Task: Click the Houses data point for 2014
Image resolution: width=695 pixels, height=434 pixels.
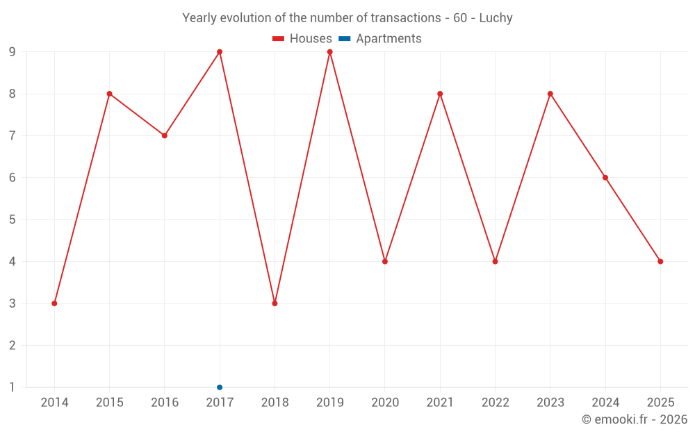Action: [x=54, y=303]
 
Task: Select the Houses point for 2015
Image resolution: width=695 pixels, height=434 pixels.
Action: [x=109, y=94]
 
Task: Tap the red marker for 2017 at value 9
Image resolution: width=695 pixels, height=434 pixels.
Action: [x=220, y=52]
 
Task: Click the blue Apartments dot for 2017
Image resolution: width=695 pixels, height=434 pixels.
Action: [x=220, y=387]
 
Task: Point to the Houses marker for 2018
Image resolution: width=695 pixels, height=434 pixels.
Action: [x=275, y=303]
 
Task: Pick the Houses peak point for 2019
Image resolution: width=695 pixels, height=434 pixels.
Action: [x=329, y=52]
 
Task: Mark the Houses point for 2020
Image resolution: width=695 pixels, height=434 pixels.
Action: [x=385, y=262]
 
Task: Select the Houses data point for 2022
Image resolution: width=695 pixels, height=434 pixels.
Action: [x=495, y=262]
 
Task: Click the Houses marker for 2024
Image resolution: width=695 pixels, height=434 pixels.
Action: [x=605, y=178]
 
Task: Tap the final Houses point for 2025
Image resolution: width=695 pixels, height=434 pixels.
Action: [x=660, y=262]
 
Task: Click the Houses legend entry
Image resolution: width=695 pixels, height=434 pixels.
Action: [x=302, y=39]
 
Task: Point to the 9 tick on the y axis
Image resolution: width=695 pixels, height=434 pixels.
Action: [x=13, y=52]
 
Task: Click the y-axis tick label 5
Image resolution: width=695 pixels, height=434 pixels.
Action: [x=13, y=219]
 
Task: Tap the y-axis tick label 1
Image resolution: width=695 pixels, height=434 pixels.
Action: [x=13, y=387]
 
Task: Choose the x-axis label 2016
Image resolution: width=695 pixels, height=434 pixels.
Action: [x=165, y=403]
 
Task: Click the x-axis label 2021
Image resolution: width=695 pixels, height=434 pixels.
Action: [x=440, y=403]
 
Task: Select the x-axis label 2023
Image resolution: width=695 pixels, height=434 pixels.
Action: [x=550, y=403]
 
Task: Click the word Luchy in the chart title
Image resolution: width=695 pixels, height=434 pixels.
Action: [x=496, y=18]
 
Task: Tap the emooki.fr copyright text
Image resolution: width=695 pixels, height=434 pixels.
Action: [x=635, y=419]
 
